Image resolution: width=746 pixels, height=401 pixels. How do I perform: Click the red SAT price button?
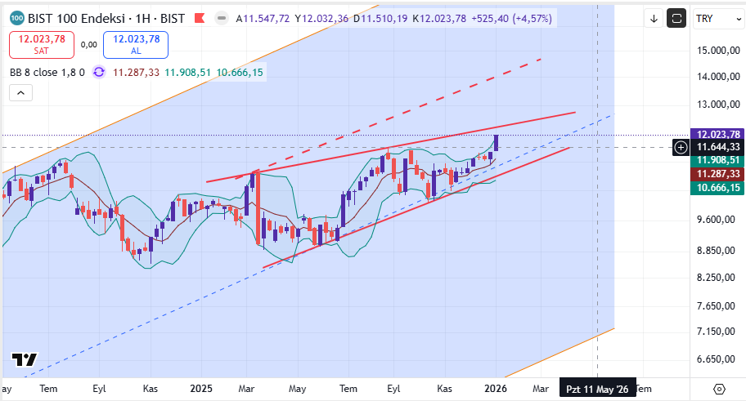pos(42,44)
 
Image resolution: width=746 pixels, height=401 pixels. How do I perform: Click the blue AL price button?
pos(136,44)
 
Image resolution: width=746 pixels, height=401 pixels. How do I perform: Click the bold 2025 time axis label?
pos(201,390)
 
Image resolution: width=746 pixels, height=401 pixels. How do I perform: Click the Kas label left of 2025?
pos(151,390)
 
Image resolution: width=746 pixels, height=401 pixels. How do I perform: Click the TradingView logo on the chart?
pos(25,360)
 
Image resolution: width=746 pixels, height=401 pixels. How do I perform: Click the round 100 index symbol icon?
pos(16,18)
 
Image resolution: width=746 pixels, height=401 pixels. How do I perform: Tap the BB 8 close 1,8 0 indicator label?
pos(47,72)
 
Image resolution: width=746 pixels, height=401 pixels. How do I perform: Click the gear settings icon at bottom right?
pos(720,389)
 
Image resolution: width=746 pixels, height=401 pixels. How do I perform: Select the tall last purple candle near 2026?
pos(497,142)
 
